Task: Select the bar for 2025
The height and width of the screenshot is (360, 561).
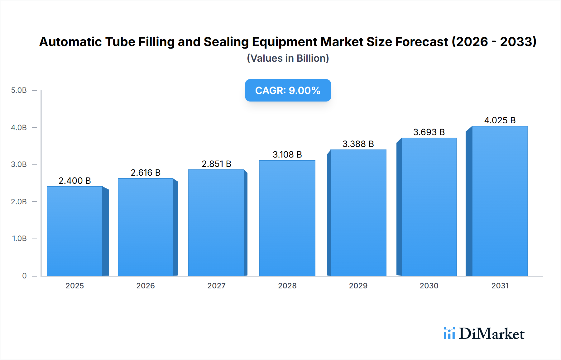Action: tap(75, 231)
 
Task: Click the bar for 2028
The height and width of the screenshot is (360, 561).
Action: tap(287, 218)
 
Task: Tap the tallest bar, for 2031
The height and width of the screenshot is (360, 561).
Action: tap(500, 201)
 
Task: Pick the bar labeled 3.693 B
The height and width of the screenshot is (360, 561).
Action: tap(429, 207)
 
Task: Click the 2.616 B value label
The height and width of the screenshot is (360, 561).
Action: tap(146, 173)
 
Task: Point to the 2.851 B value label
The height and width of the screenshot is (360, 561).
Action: tap(216, 164)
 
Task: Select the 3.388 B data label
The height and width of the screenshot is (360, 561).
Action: tap(358, 144)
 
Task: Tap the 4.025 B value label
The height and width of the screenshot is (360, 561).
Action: tap(500, 120)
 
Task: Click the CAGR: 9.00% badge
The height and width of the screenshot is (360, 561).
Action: tap(288, 90)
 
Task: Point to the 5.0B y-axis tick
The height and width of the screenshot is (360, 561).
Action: tap(19, 90)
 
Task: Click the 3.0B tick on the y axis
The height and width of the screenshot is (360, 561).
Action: tap(19, 164)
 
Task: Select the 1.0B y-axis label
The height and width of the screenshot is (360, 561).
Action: tap(19, 239)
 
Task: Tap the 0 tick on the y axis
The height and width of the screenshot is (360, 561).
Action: tap(24, 276)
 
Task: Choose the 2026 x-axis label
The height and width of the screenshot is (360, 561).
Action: tap(146, 286)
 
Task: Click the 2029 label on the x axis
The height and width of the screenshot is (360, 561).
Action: tap(358, 286)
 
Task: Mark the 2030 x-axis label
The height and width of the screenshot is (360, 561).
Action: tap(429, 286)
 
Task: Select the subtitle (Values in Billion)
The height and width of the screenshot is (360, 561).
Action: tap(288, 58)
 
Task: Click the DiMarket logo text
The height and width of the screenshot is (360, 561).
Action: tap(491, 334)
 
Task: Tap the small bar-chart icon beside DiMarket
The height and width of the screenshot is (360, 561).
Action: tap(449, 333)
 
